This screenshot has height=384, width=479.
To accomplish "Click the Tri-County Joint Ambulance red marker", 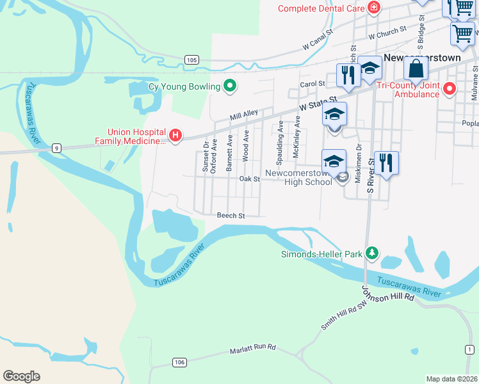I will pos(450,88).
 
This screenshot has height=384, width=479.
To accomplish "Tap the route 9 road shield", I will pos(57,148).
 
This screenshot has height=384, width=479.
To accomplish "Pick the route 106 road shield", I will pos(179,362).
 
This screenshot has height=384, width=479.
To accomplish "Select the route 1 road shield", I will pos(469,349).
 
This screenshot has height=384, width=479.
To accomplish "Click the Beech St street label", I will pos(231,216).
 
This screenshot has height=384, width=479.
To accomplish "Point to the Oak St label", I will pos(249,180).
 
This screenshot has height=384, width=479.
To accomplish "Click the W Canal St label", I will pos(318,40).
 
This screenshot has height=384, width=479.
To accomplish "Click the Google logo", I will pos(21,376).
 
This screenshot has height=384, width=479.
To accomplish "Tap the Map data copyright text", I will pos(452,379).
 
